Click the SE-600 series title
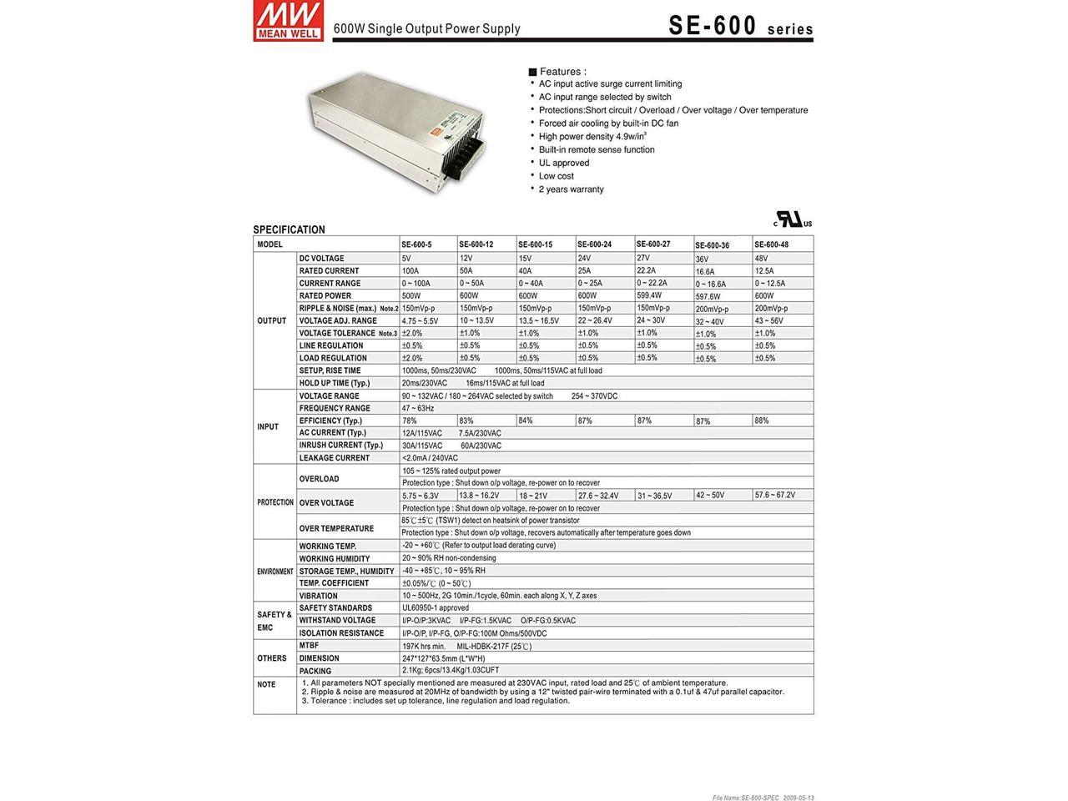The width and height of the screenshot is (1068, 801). pyautogui.click(x=740, y=26)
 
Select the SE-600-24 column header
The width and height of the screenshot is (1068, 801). pyautogui.click(x=594, y=244)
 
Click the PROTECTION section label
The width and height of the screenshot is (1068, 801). pyautogui.click(x=275, y=502)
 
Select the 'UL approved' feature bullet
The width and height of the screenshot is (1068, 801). pyautogui.click(x=563, y=163)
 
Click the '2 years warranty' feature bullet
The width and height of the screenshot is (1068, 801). pyautogui.click(x=571, y=189)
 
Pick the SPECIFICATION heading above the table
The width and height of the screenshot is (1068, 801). pyautogui.click(x=289, y=229)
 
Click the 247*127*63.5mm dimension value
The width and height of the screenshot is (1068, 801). pyautogui.click(x=443, y=658)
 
